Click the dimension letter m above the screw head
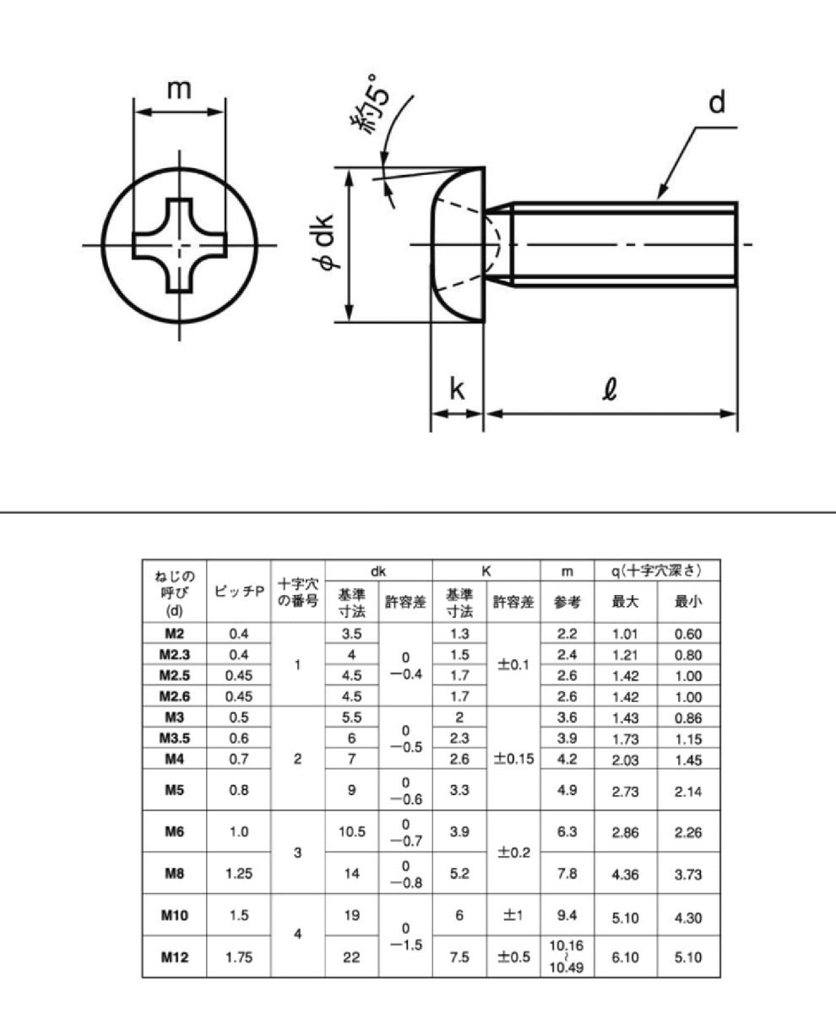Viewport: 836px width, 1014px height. [x=178, y=89]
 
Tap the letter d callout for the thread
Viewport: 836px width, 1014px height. [x=717, y=103]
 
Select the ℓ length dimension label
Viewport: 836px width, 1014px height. [x=611, y=390]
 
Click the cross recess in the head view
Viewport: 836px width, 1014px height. [x=179, y=245]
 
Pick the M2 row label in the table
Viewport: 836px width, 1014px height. [x=174, y=634]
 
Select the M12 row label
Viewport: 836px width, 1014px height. [x=174, y=957]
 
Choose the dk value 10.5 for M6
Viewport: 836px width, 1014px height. [x=351, y=831]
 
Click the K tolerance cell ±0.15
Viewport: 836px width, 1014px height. [x=513, y=759]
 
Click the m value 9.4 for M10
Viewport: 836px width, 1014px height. [x=567, y=914]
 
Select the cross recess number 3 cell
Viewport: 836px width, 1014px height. [x=297, y=853]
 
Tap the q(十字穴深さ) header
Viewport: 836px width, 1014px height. [x=657, y=570]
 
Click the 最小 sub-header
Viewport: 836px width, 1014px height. [x=688, y=602]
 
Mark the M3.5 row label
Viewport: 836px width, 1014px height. [x=174, y=739]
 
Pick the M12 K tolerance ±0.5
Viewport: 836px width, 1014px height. [x=513, y=957]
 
